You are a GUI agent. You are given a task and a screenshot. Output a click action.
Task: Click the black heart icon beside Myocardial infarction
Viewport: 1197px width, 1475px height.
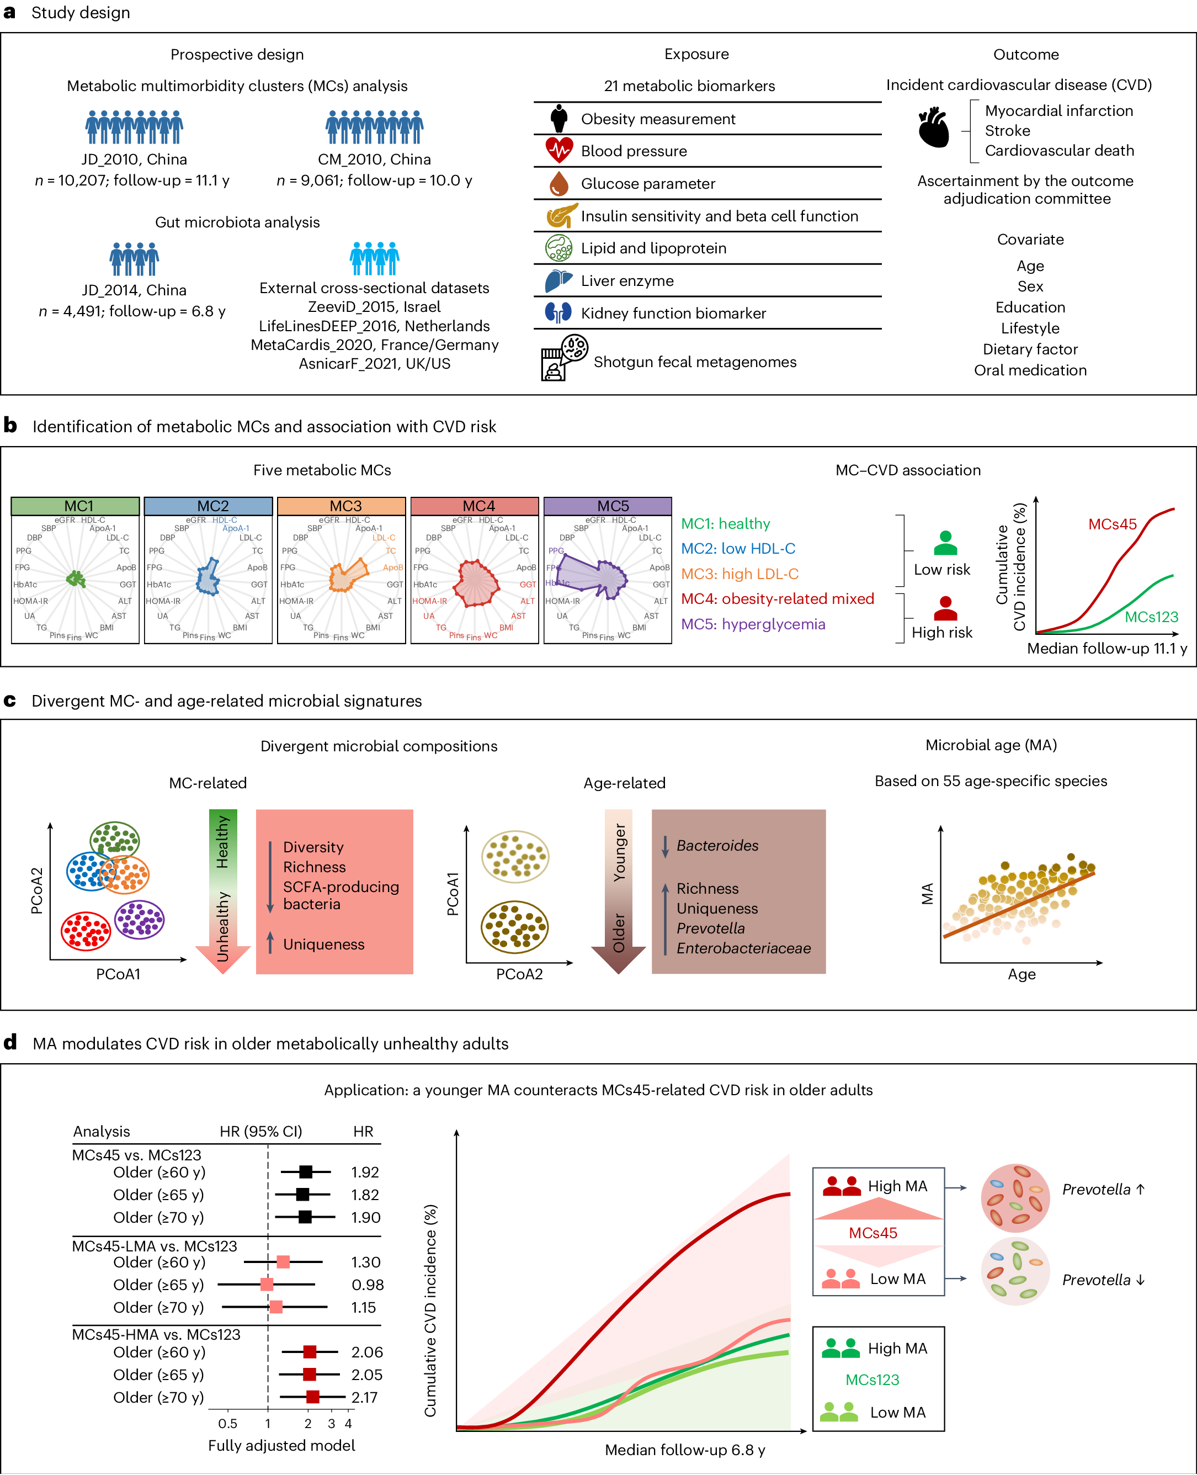tap(934, 128)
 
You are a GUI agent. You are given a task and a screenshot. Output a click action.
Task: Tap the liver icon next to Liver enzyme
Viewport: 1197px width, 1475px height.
tap(558, 280)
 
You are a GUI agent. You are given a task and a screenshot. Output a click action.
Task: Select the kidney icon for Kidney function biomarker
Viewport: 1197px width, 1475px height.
tap(558, 313)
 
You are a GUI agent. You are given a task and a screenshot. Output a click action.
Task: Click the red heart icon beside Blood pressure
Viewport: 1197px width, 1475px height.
tap(559, 150)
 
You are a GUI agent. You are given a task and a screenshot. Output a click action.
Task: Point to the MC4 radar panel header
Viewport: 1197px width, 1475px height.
tap(475, 506)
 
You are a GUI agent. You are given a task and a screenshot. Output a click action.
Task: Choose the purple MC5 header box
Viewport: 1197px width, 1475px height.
tap(608, 506)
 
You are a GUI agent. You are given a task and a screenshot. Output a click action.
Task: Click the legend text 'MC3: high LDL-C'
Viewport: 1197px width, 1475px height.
tap(740, 574)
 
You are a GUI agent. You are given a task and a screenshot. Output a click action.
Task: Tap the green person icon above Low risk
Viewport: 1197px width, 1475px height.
tap(945, 543)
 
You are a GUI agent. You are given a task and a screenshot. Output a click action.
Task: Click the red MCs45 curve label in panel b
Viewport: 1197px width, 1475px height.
tap(1112, 524)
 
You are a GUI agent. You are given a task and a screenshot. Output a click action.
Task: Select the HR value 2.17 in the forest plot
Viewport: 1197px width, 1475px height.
tap(364, 1397)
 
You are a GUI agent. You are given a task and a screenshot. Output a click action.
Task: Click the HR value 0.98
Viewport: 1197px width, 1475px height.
tap(367, 1285)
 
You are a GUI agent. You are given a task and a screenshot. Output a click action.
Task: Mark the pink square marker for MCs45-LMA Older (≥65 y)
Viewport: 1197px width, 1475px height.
tap(267, 1285)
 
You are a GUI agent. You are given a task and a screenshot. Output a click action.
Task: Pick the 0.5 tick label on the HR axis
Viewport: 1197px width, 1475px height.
tap(227, 1423)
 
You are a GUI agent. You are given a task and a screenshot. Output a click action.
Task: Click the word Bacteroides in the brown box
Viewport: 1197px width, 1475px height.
tap(717, 845)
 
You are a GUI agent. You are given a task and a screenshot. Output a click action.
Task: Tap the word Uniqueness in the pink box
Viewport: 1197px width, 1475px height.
tap(323, 944)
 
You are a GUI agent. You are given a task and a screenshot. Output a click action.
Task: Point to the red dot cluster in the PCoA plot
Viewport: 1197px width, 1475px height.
tap(86, 930)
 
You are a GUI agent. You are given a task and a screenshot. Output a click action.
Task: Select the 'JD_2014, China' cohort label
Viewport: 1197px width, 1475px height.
tap(134, 290)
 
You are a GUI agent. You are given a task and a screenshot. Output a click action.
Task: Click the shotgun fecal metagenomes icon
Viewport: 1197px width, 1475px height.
tap(564, 357)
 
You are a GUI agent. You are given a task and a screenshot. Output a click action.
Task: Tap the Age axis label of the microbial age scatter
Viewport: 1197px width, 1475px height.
tap(1021, 974)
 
